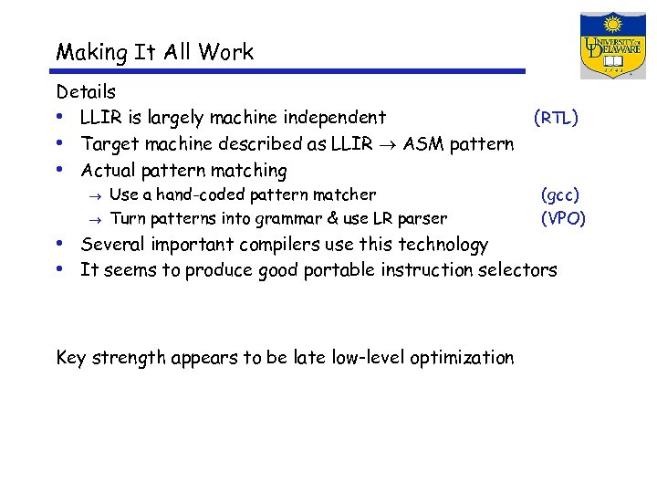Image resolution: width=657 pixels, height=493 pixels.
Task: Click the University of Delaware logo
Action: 613,45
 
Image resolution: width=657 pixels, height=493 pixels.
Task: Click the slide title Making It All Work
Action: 154,52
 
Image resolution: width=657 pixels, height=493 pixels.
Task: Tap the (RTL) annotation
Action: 556,118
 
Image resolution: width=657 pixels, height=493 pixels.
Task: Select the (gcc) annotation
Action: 559,194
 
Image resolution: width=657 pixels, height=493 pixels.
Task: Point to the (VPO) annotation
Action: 563,219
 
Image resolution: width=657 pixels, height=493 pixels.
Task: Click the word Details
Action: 86,92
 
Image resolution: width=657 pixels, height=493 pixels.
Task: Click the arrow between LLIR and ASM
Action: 390,145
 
